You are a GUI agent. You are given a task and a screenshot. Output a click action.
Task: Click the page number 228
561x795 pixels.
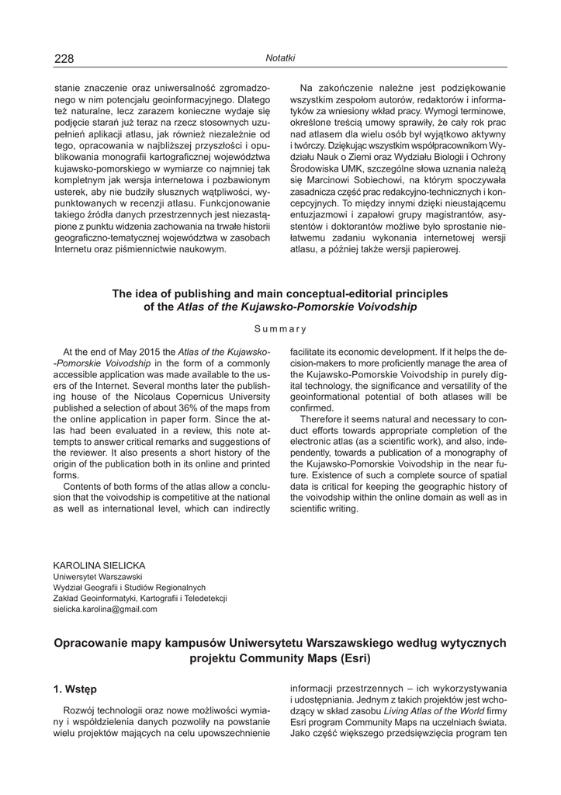pyautogui.click(x=64, y=59)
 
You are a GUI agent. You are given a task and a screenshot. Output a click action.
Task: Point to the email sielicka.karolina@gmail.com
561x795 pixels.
pyautogui.click(x=105, y=609)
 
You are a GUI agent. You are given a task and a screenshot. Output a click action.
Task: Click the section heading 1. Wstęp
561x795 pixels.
pyautogui.click(x=75, y=688)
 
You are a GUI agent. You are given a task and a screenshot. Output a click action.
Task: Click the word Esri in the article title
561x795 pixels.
pyautogui.click(x=354, y=658)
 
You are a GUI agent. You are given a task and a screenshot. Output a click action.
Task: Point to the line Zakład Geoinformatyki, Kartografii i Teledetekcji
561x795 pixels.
pyautogui.click(x=140, y=599)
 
